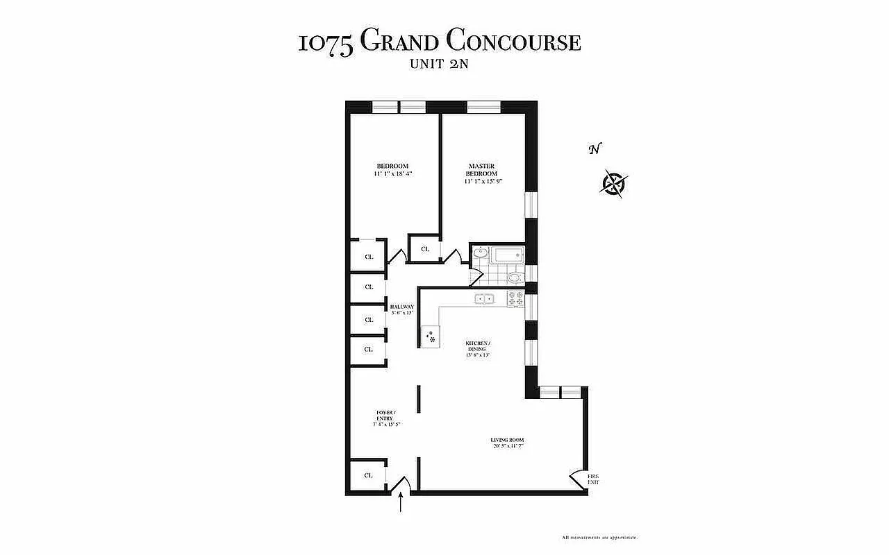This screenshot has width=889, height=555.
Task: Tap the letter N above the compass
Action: point(594,149)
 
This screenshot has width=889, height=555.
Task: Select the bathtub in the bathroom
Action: point(508,257)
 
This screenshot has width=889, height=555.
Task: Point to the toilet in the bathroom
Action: point(515,278)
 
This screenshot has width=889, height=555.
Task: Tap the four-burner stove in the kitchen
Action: point(516,299)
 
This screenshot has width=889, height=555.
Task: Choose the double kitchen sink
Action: point(484,299)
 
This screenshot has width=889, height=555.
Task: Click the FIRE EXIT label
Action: point(592,479)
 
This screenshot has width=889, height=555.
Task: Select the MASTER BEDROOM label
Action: point(481,170)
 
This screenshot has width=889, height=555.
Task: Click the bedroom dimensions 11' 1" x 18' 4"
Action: point(392,173)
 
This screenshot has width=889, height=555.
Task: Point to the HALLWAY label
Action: point(402,307)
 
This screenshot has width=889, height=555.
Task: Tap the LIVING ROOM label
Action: point(506,440)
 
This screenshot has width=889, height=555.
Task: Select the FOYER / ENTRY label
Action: point(385,416)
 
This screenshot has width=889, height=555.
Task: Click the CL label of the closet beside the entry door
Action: point(369,475)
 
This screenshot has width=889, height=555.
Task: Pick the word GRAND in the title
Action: point(401,42)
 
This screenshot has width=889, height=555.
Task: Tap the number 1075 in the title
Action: point(326,43)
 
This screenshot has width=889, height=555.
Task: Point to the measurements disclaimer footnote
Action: point(599,538)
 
